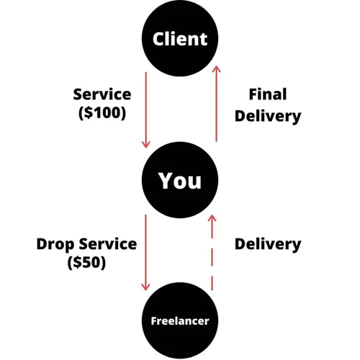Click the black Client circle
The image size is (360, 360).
click(x=179, y=38)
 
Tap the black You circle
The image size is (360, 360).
click(x=179, y=180)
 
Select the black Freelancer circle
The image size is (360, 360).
click(x=179, y=320)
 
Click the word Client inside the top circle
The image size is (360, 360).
click(x=179, y=39)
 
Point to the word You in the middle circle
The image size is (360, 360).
click(x=179, y=181)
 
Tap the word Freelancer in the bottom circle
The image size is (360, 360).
click(x=179, y=321)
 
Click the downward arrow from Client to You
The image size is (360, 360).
click(x=145, y=108)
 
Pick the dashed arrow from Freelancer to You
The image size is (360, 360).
click(x=212, y=252)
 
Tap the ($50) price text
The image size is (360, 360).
click(x=86, y=262)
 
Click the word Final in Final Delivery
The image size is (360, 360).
click(x=267, y=94)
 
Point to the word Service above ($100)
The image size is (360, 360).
click(x=102, y=94)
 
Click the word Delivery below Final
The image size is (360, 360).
click(x=267, y=115)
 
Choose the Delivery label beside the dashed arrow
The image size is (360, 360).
click(x=267, y=244)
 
